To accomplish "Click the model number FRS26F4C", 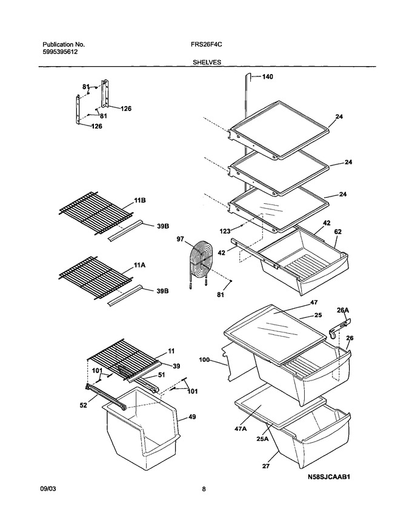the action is pos(208,44).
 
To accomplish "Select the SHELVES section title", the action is pos(207,62).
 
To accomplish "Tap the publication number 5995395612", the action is pos(60,52).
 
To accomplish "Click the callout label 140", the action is pos(267,76).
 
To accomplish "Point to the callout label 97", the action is pos(180,239).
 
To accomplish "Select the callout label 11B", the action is pos(140,200).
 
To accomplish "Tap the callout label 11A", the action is pos(139,265).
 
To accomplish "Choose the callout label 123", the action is pos(225,231).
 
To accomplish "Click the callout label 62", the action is pos(337,232).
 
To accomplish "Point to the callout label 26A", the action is pos(343,310).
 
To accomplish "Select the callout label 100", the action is pos(204,360).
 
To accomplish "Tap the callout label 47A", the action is pos(240,428).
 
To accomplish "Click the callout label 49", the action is pos(192,417).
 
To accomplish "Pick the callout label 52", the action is pos(84,405).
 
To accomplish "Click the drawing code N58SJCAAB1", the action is pos(329,476).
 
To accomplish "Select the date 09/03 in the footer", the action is pos(48,489).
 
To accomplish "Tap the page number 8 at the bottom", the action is pos(204,489).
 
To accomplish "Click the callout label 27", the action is pos(265,466).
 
